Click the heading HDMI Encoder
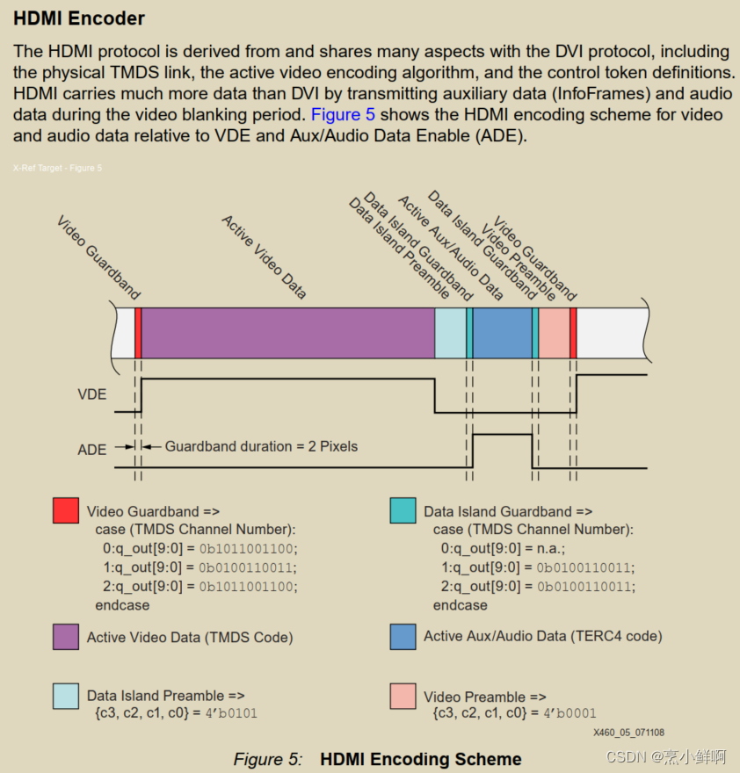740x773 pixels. (79, 18)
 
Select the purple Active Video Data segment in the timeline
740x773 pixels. (288, 333)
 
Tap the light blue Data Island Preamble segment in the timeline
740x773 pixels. (450, 333)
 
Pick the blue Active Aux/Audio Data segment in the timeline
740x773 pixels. (502, 333)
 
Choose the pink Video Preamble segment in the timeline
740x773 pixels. (554, 333)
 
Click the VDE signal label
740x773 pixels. (92, 394)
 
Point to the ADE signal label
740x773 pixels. (92, 450)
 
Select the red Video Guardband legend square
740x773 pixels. (66, 510)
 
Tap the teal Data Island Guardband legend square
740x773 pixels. (403, 510)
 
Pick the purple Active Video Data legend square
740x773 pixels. (66, 637)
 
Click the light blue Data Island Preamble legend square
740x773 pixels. (66, 696)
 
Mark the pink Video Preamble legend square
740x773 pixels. (403, 696)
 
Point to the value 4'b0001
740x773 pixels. (566, 712)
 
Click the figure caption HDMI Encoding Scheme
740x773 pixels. (420, 759)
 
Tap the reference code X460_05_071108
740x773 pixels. (628, 732)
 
